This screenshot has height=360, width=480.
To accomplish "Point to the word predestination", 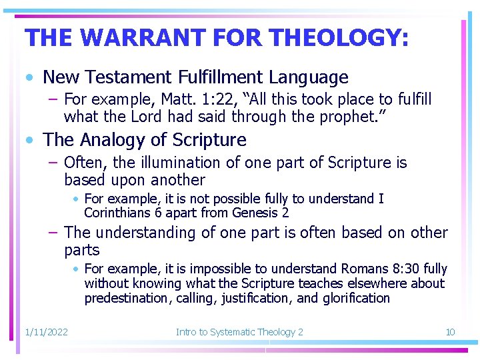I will point(127,298).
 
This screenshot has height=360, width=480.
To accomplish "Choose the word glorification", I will point(355,298).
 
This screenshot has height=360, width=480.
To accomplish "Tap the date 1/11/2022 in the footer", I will point(46,332).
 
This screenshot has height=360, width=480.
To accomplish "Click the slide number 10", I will point(450,332).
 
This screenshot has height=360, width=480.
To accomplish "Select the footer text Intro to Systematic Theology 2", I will point(239,332).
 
